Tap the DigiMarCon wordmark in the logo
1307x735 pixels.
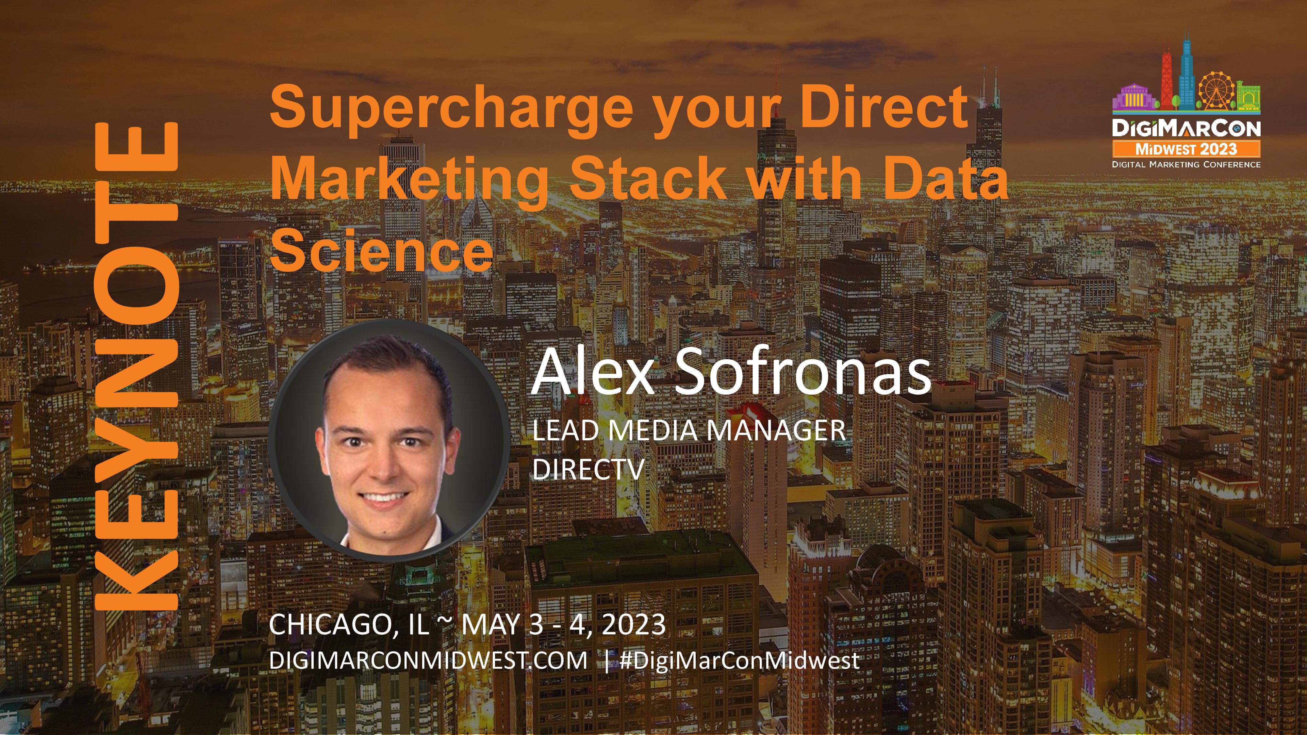[1186, 128]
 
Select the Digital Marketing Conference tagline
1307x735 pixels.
[1186, 164]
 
